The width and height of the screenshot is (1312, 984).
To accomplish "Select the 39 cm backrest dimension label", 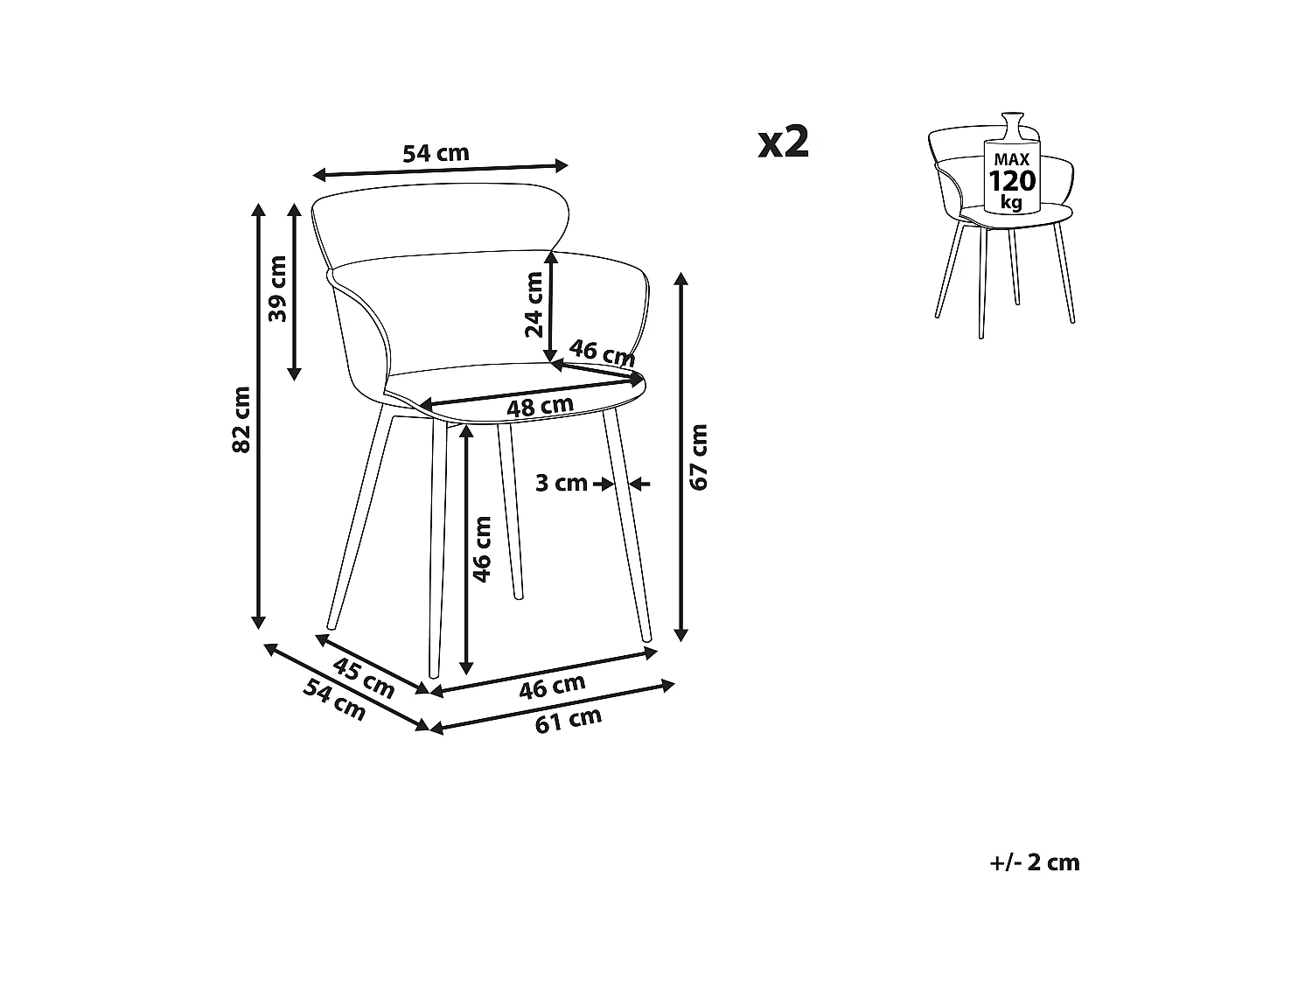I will [x=277, y=289].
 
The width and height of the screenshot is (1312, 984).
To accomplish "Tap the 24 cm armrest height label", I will [x=534, y=304].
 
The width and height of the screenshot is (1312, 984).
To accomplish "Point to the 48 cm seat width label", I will [x=540, y=407].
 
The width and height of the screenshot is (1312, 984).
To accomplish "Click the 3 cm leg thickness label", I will [x=561, y=482].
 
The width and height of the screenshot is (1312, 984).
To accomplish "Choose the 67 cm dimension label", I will [x=698, y=457].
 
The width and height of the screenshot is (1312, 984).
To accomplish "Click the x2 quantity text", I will [x=784, y=142].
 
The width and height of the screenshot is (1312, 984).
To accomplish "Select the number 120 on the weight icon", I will [x=1011, y=181].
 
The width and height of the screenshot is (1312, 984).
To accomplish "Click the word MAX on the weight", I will [x=1011, y=159].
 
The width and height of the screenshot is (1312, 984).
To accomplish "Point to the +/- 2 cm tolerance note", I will [x=1035, y=862].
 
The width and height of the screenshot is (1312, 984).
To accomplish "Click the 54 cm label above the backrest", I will [x=436, y=154].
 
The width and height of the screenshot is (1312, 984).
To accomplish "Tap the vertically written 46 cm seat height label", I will [x=482, y=548].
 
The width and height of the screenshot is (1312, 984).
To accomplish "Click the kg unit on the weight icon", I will [x=1011, y=203].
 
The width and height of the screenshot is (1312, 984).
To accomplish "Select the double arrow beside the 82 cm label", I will [x=258, y=415].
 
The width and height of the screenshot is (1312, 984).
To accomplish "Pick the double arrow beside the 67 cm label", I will [x=681, y=457].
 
